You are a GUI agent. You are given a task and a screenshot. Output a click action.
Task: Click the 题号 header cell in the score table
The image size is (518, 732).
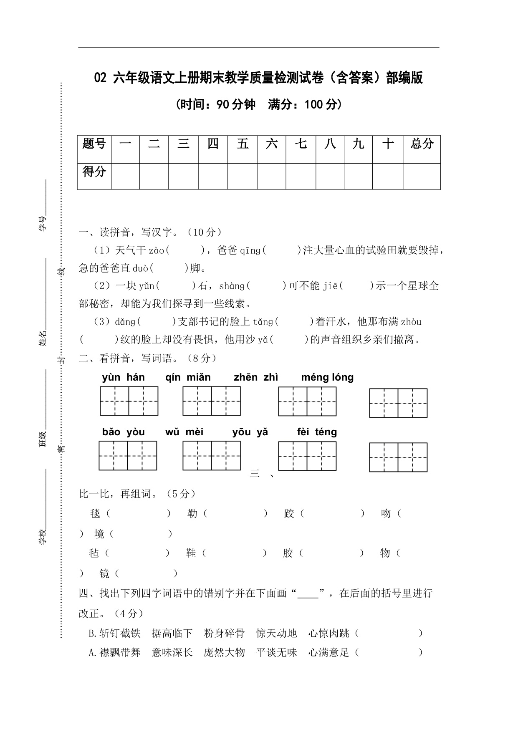94,144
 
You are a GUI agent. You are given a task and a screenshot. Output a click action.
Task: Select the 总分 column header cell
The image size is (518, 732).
422,144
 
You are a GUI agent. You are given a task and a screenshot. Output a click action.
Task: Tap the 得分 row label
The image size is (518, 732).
94,172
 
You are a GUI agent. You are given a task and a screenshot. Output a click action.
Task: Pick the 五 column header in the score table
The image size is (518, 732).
243,144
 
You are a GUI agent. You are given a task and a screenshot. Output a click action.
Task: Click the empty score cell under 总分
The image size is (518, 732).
422,176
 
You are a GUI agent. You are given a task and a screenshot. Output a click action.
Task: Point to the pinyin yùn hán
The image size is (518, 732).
123,378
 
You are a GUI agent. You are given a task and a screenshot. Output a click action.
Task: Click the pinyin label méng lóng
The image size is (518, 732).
327,378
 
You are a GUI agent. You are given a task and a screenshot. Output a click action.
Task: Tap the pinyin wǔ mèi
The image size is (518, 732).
184,432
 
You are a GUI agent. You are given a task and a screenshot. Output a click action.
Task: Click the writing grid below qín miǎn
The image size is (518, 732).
212,401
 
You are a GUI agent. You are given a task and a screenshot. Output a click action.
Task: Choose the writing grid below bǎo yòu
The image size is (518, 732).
128,456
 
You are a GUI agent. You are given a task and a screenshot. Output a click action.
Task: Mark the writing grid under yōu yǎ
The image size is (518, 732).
307,456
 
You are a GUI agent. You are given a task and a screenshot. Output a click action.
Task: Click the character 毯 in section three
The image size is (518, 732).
95,514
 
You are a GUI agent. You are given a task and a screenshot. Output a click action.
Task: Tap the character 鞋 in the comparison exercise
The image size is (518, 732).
191,553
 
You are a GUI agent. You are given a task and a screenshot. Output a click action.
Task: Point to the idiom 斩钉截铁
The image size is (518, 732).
120,634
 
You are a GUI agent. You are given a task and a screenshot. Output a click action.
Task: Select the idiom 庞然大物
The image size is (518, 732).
224,653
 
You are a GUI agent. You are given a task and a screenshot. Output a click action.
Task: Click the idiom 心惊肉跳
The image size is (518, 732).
328,634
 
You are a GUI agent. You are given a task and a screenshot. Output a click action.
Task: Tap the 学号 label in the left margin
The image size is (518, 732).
43,224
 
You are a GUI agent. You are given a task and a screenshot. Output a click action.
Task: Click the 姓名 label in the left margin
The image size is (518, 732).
43,338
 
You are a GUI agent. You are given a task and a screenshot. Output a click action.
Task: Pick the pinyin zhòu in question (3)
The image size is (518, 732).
411,322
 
